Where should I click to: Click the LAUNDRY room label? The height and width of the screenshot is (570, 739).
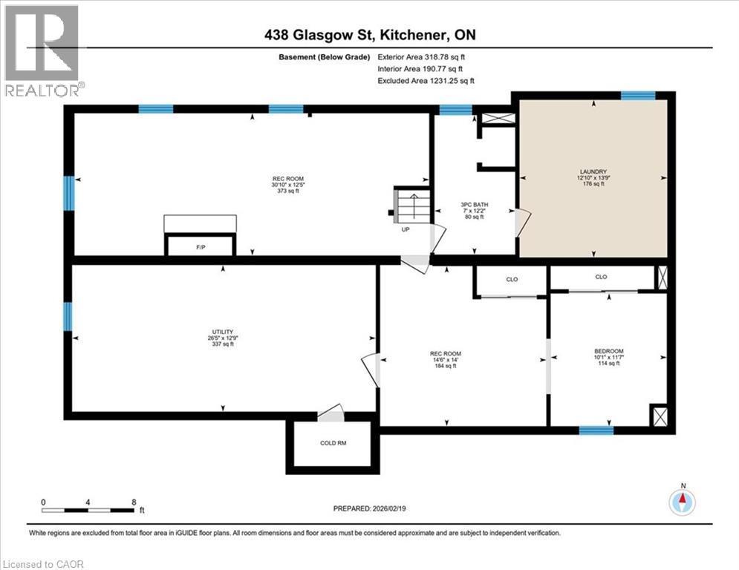pyautogui.click(x=593, y=171)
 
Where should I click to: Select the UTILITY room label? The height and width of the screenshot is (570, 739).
pyautogui.click(x=224, y=331)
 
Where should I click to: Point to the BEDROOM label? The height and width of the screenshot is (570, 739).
pyautogui.click(x=608, y=351)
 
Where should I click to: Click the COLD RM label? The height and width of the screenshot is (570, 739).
pyautogui.click(x=333, y=443)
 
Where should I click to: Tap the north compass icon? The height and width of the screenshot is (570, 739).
pyautogui.click(x=682, y=502)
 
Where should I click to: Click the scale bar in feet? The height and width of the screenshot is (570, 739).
pyautogui.click(x=89, y=510)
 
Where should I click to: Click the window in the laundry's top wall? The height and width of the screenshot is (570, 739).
pyautogui.click(x=638, y=95)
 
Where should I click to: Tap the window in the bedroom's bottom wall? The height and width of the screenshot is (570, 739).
pyautogui.click(x=596, y=430)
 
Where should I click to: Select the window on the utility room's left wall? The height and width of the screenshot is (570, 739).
pyautogui.click(x=68, y=316)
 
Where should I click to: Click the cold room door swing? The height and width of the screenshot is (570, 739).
pyautogui.click(x=330, y=413)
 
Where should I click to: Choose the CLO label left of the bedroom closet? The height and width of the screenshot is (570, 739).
pyautogui.click(x=512, y=279)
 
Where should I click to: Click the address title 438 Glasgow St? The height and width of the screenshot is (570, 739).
pyautogui.click(x=368, y=36)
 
